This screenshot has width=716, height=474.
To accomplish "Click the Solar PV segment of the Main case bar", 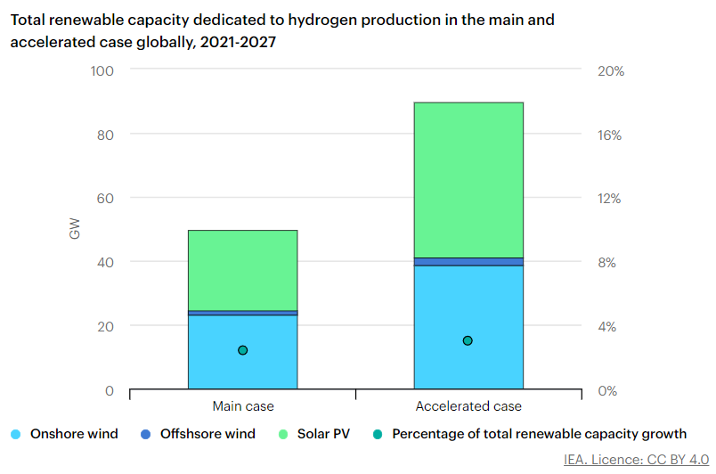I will click(x=242, y=270).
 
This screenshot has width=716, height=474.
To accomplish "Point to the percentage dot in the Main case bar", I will click(x=242, y=350).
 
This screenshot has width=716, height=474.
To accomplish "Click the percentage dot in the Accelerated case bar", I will click(x=468, y=340).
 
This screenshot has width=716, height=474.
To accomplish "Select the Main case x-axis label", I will click(x=242, y=406).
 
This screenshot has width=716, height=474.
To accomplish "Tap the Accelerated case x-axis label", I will click(x=468, y=406).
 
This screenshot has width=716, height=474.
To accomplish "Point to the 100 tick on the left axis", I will click(x=102, y=70).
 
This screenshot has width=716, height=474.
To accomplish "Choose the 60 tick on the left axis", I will click(x=106, y=198).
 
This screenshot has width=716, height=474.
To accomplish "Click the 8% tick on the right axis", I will click(x=606, y=262).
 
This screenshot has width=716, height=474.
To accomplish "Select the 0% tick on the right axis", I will click(x=606, y=390).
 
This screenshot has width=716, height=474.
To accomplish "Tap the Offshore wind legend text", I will click(x=207, y=434).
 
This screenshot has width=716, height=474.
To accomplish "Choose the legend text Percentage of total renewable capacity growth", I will click(x=540, y=434).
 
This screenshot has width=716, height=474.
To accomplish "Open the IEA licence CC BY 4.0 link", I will click(x=631, y=460).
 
